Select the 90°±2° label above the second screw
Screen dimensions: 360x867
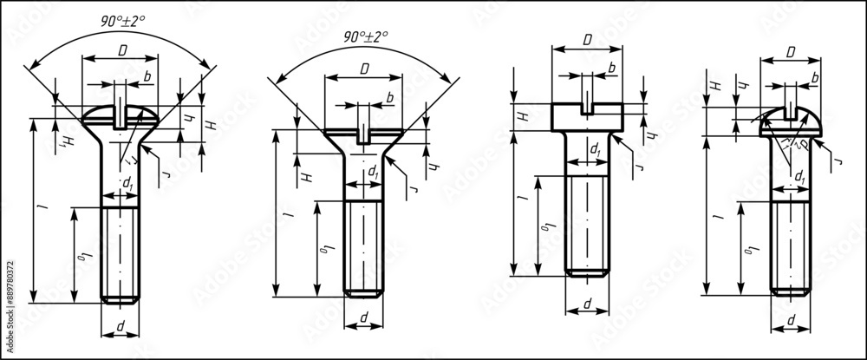(365, 36)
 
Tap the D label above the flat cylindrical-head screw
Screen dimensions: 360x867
(587, 40)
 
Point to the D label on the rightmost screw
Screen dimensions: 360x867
(791, 53)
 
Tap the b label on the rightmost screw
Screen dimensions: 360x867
(814, 78)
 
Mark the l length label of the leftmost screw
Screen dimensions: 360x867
(39, 209)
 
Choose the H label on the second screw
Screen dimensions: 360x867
(305, 177)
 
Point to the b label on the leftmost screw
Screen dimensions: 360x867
(147, 77)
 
